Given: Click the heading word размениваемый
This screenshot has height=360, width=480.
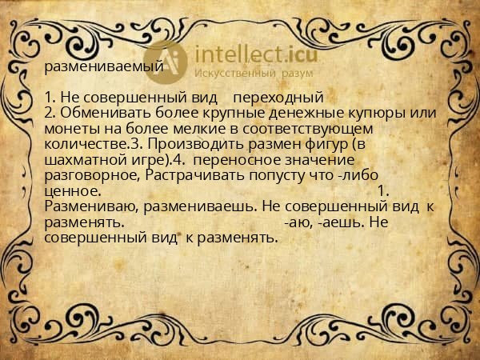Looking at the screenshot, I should [103, 66].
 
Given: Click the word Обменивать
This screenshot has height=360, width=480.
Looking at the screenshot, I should [102, 113].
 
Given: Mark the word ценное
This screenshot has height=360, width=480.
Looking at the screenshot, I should [73, 190].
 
